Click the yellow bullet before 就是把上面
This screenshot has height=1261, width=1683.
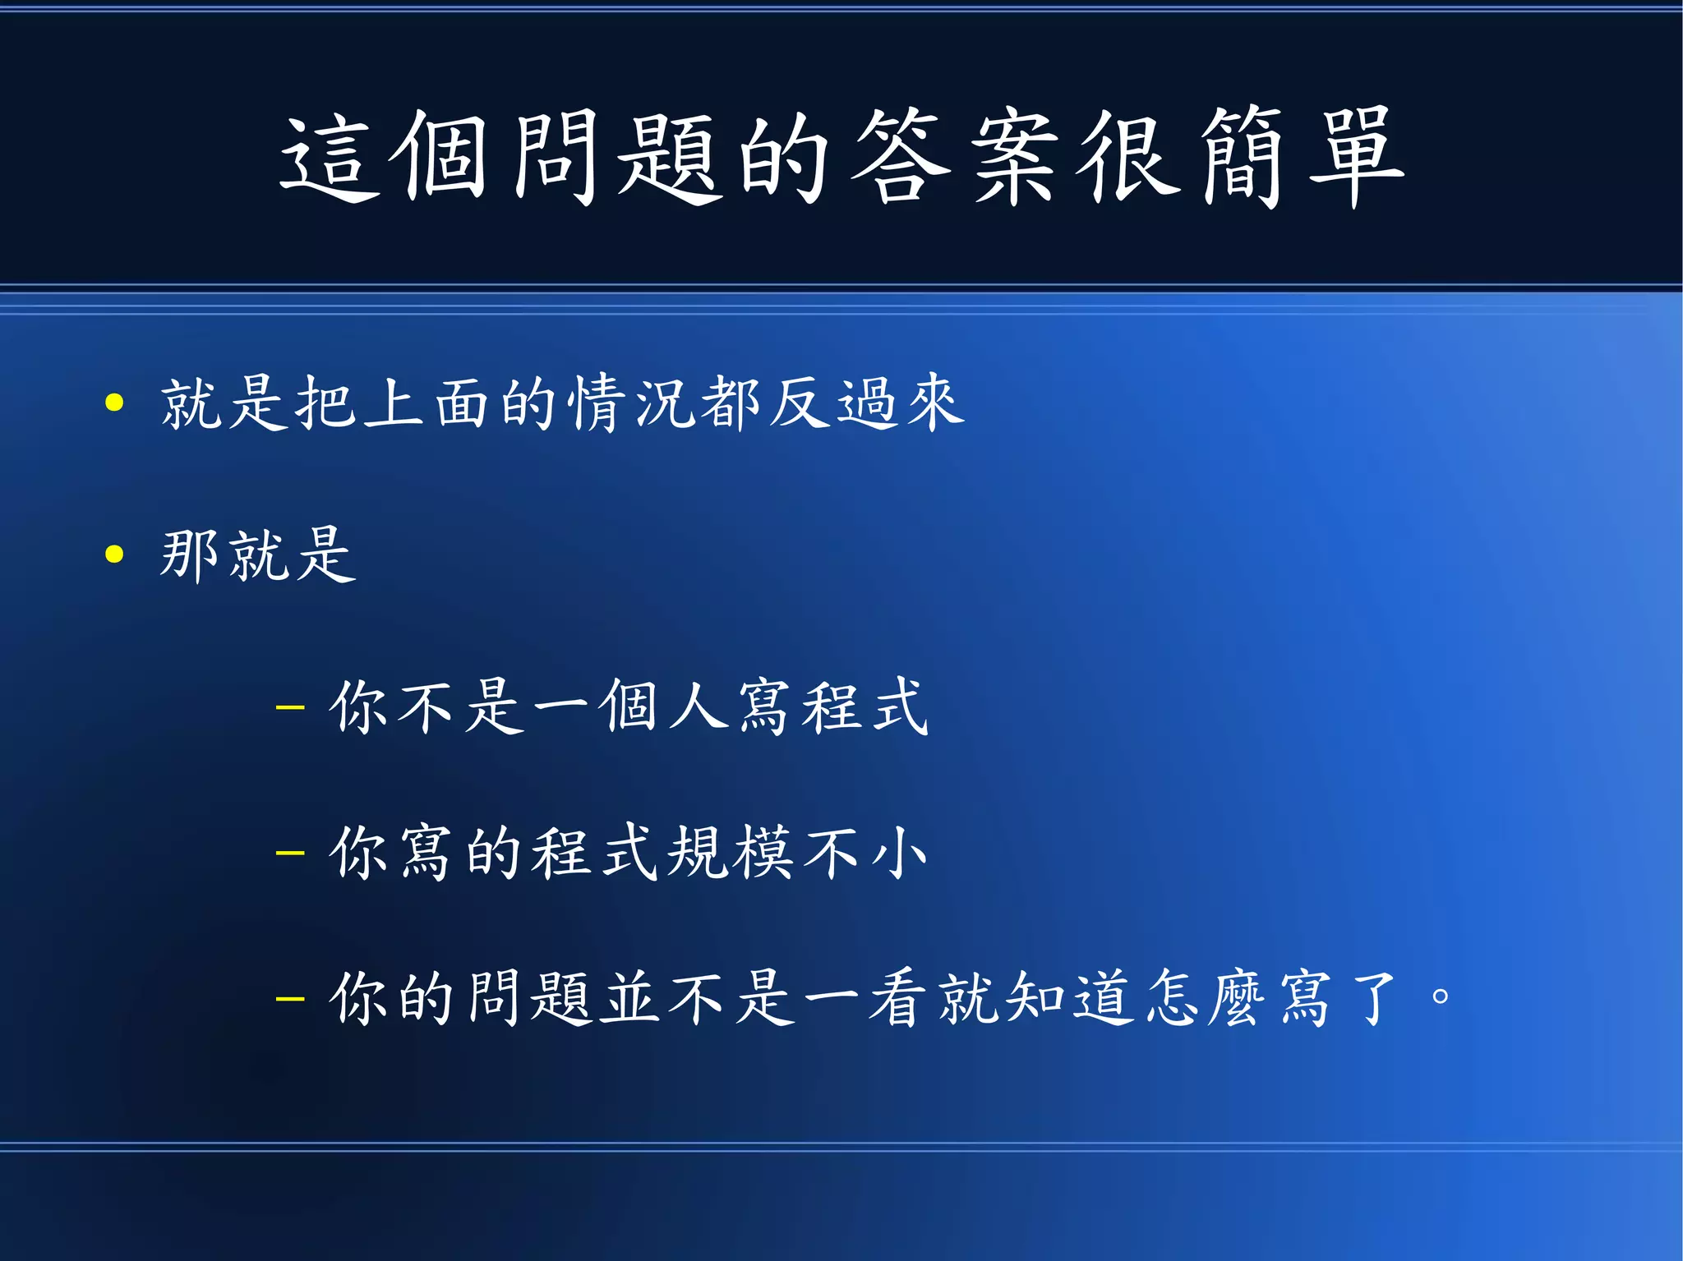pos(114,403)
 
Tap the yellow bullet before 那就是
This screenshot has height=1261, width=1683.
pos(114,555)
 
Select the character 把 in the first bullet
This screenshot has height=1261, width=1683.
pos(327,403)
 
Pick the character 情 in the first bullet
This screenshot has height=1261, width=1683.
pos(598,403)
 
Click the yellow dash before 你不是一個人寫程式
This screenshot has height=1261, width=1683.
pos(290,706)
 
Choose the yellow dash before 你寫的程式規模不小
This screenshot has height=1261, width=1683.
pos(290,853)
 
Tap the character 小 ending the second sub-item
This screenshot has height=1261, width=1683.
pos(899,853)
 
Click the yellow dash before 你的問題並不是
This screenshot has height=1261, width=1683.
pos(290,999)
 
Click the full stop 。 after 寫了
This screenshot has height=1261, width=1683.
pos(1440,997)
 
